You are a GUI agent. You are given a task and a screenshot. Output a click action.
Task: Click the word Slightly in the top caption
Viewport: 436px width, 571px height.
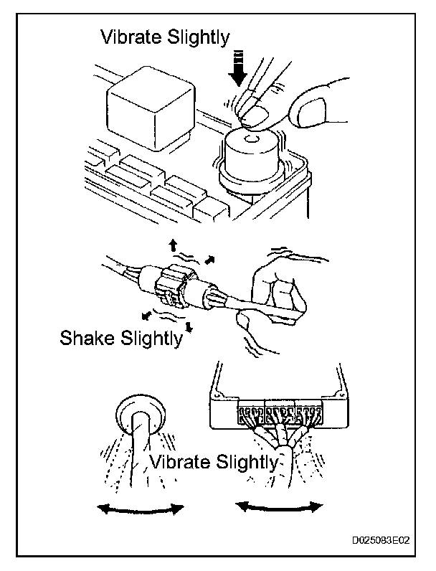196,37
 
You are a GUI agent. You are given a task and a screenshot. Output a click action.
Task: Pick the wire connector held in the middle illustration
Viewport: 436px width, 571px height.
172,287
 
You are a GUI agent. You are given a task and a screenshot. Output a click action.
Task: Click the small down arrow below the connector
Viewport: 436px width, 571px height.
189,328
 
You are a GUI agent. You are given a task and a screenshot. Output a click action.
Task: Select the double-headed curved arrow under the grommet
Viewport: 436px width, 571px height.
141,509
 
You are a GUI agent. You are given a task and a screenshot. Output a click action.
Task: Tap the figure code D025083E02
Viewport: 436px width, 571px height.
379,542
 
